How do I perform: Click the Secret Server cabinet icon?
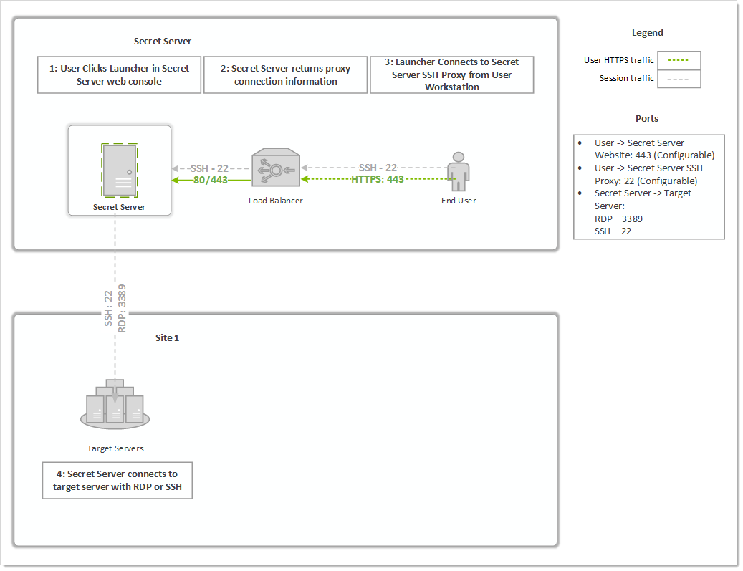(119, 170)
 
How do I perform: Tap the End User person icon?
(458, 173)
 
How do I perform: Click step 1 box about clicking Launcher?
(119, 75)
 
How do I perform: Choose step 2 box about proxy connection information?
(285, 75)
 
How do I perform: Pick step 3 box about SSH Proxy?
(451, 75)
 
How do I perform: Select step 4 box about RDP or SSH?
(117, 481)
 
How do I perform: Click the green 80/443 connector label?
(210, 180)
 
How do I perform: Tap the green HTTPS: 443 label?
(378, 179)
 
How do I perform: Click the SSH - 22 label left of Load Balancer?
(210, 168)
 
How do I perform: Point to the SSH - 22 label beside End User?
(378, 168)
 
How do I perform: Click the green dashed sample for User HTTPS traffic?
(678, 60)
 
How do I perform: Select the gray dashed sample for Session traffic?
(678, 78)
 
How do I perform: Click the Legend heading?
(647, 33)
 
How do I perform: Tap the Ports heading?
(647, 118)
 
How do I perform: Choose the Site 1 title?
(167, 337)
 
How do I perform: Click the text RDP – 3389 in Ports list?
(620, 219)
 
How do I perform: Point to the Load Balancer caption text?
(276, 201)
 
